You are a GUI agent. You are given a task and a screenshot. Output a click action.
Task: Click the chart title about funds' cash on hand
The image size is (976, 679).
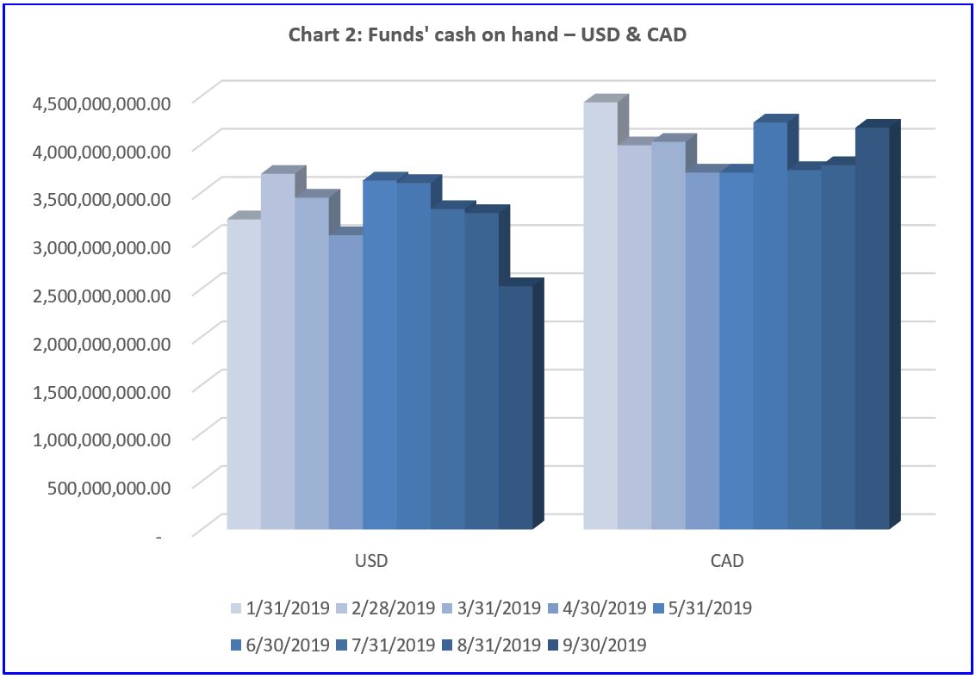[x=488, y=36]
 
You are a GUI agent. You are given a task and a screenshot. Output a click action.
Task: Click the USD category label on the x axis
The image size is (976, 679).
[x=371, y=562]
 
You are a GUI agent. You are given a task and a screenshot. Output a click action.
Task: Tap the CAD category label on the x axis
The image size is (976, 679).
[x=727, y=562]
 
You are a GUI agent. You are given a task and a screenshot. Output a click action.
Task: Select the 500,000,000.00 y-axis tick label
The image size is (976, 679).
[x=121, y=486]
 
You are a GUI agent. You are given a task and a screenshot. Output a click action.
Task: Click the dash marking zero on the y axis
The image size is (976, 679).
[x=159, y=536]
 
